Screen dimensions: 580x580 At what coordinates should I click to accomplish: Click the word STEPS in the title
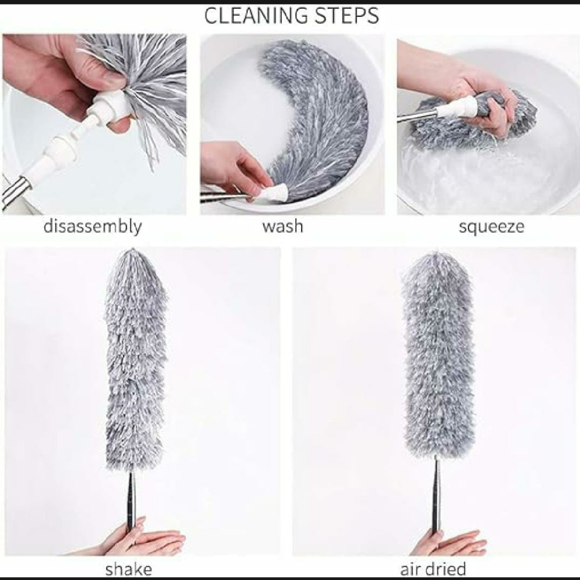343,16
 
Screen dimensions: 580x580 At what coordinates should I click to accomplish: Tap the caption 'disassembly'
92,226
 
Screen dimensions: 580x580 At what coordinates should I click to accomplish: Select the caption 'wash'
282,226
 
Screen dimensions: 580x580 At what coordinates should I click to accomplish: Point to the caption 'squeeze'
491,226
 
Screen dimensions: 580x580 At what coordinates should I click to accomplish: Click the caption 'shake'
129,569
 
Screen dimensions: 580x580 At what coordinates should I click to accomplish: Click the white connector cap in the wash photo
273,193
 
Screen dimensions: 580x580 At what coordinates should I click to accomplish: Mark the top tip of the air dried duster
437,253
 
